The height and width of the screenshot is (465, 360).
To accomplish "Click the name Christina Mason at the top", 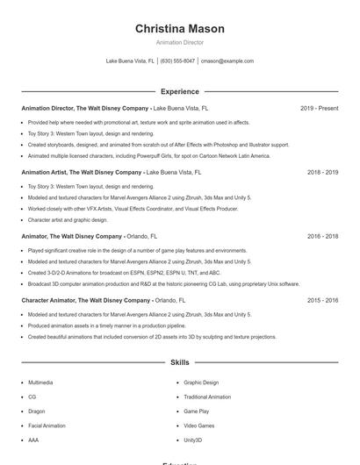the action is [x=179, y=28].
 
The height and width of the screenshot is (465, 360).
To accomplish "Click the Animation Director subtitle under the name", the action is [x=179, y=42].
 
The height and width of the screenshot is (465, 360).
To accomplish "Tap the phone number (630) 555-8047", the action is [x=177, y=61].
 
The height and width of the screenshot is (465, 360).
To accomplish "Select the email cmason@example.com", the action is [x=227, y=61].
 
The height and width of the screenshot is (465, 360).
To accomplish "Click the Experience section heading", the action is [x=179, y=91].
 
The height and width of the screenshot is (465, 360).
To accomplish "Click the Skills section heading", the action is [x=179, y=361].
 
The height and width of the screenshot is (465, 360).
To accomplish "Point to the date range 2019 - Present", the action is [x=319, y=108].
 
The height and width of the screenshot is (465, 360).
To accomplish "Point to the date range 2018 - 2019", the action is [x=322, y=173].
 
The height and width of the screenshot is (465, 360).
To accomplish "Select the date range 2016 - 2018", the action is [x=322, y=237].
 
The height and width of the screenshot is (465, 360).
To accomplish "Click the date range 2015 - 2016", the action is [x=322, y=300].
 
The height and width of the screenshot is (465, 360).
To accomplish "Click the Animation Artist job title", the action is [x=80, y=173].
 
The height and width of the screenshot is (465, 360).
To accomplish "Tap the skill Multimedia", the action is [x=40, y=383].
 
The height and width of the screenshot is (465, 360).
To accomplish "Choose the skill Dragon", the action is [x=36, y=411].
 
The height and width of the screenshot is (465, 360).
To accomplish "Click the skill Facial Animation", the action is [x=47, y=426].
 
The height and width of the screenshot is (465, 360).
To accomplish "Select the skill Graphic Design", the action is [x=201, y=383].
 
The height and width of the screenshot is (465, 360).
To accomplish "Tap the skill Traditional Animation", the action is [x=207, y=397].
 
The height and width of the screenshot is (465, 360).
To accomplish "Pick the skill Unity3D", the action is [x=192, y=440].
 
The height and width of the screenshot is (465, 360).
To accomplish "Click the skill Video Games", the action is [x=198, y=426].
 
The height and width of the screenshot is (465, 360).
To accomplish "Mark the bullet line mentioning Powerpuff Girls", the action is [x=149, y=155].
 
